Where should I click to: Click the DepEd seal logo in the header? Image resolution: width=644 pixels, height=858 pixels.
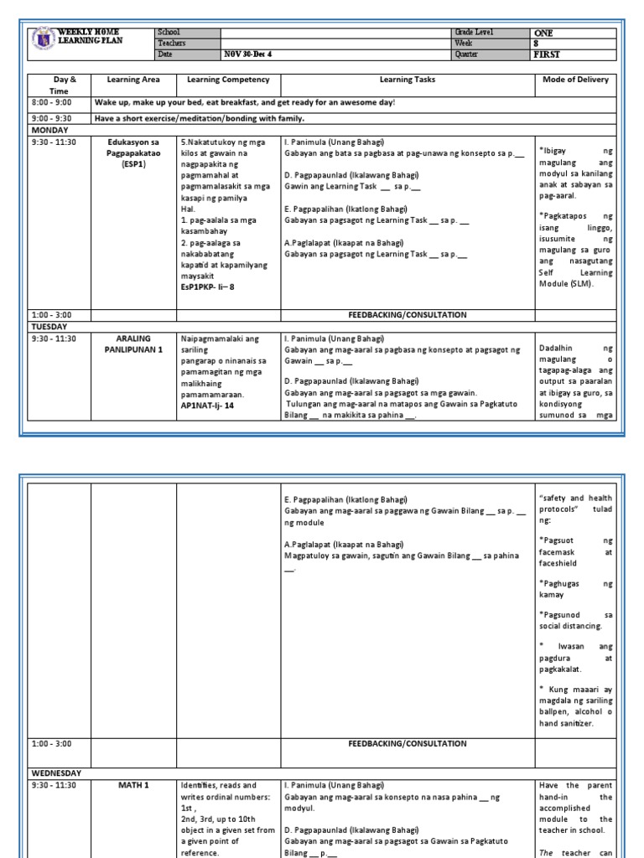43,40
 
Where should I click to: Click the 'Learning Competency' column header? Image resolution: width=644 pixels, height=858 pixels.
228,80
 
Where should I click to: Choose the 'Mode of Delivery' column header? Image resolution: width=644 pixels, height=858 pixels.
575,80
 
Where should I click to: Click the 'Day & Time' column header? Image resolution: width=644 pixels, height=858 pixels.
59,85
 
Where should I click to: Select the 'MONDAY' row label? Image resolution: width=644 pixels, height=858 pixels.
52,131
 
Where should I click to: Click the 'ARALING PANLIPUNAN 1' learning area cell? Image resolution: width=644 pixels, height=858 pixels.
133,344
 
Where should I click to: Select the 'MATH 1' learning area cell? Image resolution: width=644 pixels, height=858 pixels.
133,784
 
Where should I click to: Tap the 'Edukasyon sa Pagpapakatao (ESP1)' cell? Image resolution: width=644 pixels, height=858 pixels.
133,153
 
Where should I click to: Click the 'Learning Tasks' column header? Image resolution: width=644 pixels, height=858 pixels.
407,80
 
